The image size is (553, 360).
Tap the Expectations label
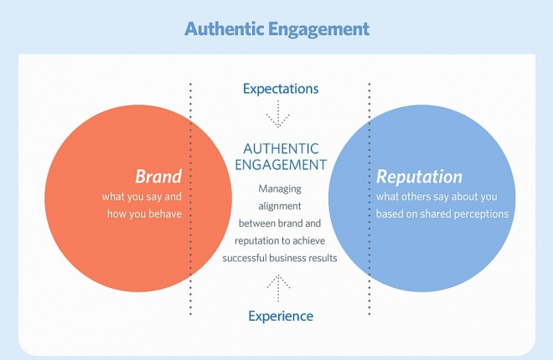click(280, 88)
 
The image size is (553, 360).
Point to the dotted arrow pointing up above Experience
click(278, 288)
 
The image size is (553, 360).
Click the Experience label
click(281, 316)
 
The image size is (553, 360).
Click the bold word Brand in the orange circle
click(158, 177)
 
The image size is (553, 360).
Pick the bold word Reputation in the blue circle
click(419, 177)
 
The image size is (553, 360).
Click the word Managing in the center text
click(280, 188)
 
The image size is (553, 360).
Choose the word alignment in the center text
click(280, 206)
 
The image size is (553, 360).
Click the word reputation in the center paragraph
click(248, 240)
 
